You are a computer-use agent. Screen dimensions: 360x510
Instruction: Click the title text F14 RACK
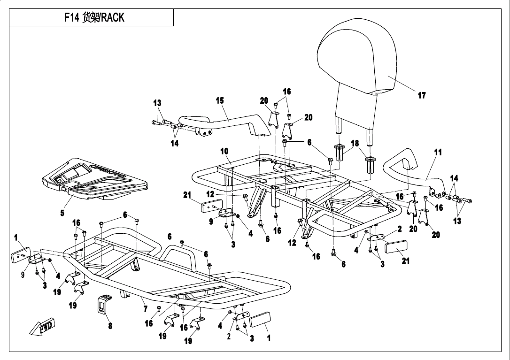[94, 18]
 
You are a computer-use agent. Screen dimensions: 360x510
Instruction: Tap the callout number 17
[422, 95]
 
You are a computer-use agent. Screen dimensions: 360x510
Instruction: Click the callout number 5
[62, 213]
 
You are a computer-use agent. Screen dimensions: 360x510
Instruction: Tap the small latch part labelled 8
[104, 305]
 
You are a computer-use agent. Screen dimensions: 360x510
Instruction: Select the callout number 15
[220, 100]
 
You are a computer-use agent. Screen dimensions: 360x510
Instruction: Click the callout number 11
[438, 152]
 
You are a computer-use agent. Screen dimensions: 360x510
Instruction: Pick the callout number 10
[224, 151]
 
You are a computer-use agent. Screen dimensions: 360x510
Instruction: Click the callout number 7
[145, 309]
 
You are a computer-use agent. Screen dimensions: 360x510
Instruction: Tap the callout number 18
[355, 143]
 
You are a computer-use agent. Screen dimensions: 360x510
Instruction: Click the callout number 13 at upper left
[157, 103]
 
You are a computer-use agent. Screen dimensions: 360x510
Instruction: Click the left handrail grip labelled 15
[225, 122]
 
